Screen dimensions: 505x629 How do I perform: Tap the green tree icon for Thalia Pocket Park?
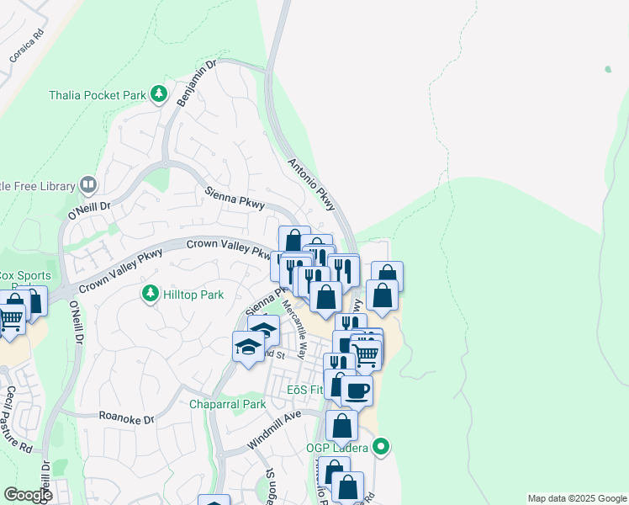click(157, 94)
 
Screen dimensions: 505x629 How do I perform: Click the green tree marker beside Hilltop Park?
click(150, 294)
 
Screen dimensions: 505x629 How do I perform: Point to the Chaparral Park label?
click(227, 405)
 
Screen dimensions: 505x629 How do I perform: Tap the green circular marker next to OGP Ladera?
click(382, 446)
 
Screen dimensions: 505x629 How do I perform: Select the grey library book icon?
click(88, 184)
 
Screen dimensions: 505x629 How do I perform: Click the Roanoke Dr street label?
click(127, 418)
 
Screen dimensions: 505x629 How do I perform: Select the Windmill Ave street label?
click(273, 430)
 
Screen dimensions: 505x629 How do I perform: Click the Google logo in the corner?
click(28, 495)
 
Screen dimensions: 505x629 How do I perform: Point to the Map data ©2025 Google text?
click(576, 498)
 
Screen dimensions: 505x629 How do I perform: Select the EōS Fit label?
click(305, 391)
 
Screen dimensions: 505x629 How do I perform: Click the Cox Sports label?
click(25, 275)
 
